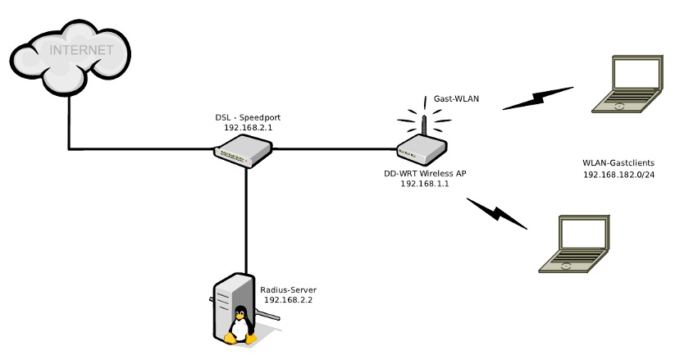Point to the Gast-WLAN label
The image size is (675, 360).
coord(456,99)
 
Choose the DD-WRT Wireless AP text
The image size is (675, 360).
coord(425,174)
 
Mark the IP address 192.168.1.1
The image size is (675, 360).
coord(425,185)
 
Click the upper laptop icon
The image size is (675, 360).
coord(628,85)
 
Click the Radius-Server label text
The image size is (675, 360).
coord(288,289)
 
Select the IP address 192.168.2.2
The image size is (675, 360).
coord(288,301)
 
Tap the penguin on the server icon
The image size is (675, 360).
coord(239,326)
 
